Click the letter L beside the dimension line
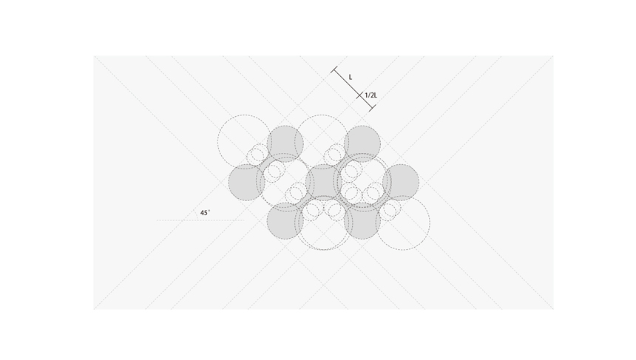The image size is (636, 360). point(351,77)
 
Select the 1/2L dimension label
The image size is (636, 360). point(371,95)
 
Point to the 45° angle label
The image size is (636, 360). point(206,212)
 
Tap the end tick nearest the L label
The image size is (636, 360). point(334,69)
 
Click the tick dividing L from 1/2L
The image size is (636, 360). point(359,95)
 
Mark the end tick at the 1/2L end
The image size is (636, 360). point(372,108)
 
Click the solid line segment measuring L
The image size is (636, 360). point(347,83)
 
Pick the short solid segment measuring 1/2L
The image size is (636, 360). point(366,102)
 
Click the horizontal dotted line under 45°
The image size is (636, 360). point(200,220)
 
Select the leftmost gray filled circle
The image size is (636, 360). point(246,183)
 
